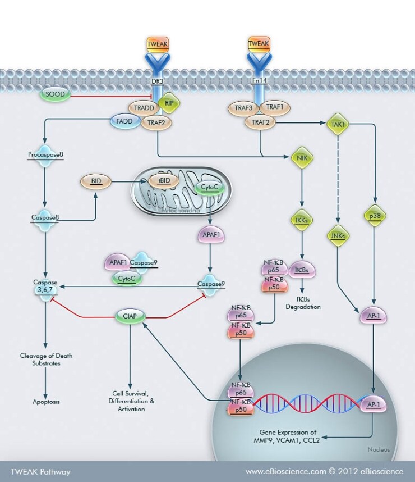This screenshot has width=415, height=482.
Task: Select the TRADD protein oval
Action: coord(143,107)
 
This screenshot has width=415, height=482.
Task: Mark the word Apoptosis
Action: coord(46,402)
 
